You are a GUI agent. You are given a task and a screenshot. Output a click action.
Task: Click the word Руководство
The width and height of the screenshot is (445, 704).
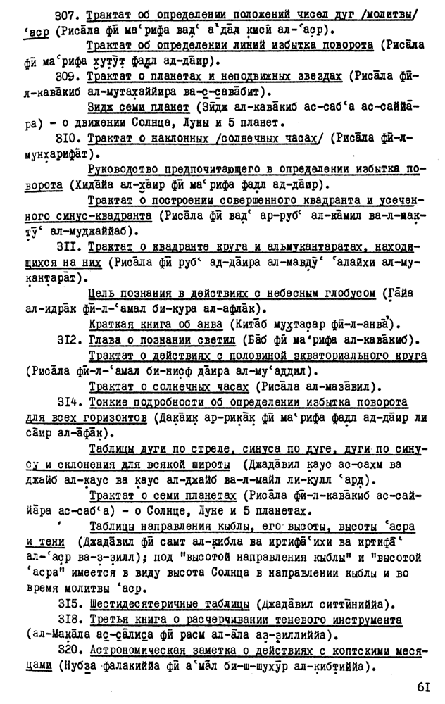125,169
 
